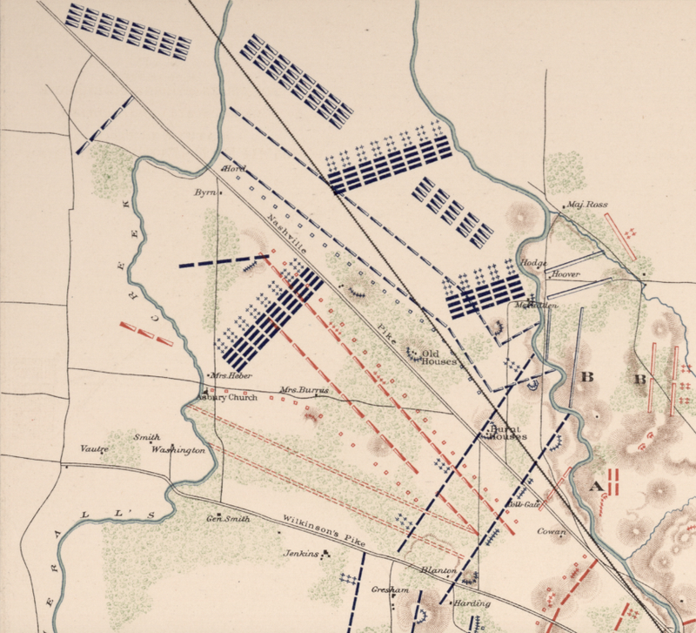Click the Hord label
click(236, 168)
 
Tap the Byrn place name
click(205, 192)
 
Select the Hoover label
click(565, 274)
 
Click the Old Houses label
click(438, 357)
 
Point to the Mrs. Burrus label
click(304, 391)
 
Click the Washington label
click(177, 451)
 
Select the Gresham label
click(385, 589)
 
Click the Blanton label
click(438, 571)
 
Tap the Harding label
click(472, 603)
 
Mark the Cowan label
click(552, 532)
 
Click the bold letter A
click(597, 486)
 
